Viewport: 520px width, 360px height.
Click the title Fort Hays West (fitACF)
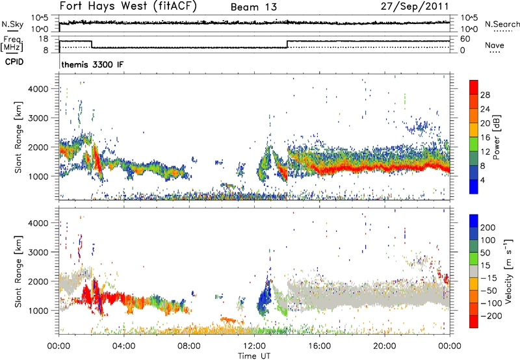pyautogui.click(x=129, y=7)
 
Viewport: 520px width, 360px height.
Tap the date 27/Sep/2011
pyautogui.click(x=420, y=7)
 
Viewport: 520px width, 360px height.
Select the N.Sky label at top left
pyautogui.click(x=11, y=24)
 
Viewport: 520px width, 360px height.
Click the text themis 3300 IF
pyautogui.click(x=92, y=66)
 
